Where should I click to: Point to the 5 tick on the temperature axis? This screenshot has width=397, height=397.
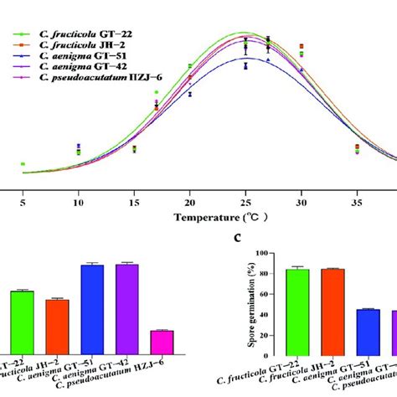coord(23,201)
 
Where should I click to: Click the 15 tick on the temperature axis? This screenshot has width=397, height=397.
coord(134,201)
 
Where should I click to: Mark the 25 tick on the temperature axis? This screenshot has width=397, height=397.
coord(245,201)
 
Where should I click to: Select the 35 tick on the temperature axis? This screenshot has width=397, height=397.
coord(357,201)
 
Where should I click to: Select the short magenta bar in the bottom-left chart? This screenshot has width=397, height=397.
coord(162,342)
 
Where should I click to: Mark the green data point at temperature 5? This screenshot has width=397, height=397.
coord(23,164)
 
